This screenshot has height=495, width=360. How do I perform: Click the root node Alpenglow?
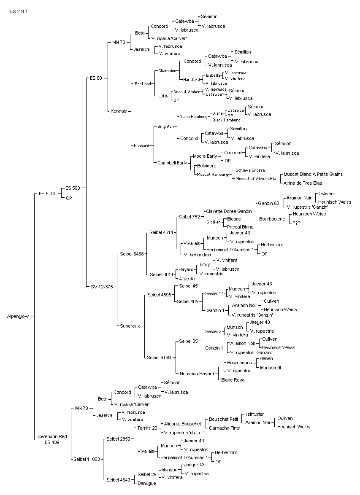(x=18, y=316)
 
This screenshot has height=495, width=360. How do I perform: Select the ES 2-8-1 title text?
(x=19, y=12)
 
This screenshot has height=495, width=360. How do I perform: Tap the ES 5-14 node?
(x=47, y=194)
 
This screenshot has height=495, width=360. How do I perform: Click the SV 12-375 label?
(x=102, y=287)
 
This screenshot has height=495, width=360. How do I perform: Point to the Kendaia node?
(x=119, y=111)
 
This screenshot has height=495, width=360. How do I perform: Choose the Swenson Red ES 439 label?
(x=52, y=439)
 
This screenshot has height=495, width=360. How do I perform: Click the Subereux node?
(x=130, y=326)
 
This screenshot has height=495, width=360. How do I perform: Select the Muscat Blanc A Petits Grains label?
(x=313, y=174)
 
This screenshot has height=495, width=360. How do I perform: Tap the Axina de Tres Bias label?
(x=303, y=183)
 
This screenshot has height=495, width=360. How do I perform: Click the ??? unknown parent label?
(x=296, y=223)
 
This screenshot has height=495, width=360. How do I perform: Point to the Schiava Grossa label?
(x=250, y=170)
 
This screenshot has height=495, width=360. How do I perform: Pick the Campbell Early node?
(x=172, y=163)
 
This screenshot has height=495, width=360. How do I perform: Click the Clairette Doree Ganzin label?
(x=229, y=211)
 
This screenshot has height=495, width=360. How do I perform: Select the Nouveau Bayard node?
(x=197, y=374)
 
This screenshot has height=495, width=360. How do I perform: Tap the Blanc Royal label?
(x=233, y=380)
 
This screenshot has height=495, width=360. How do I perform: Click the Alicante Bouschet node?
(x=182, y=424)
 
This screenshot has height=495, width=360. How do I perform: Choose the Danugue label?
(x=146, y=483)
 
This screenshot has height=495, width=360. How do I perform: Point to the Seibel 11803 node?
(x=87, y=459)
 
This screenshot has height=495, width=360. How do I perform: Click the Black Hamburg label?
(x=226, y=120)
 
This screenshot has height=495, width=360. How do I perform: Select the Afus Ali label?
(x=187, y=279)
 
